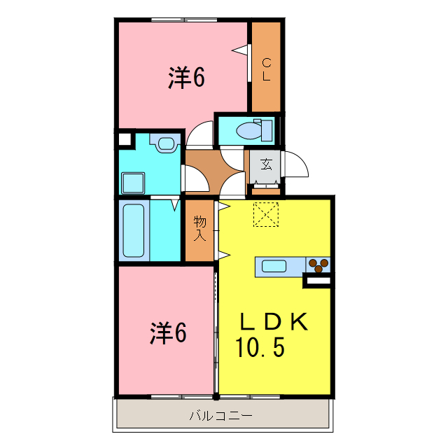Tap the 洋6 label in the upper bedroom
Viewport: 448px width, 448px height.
click(x=185, y=78)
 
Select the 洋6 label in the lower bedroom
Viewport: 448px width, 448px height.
click(x=168, y=333)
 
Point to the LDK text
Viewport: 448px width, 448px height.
click(x=274, y=323)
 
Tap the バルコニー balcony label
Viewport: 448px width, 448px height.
click(x=220, y=416)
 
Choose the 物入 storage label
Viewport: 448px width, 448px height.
click(x=200, y=228)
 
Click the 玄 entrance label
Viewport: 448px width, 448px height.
click(x=267, y=165)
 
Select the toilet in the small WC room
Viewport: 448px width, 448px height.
click(x=248, y=130)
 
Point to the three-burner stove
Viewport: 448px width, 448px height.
click(x=318, y=265)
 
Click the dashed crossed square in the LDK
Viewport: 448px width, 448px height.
click(x=266, y=214)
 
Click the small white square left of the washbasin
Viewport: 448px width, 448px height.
click(x=125, y=138)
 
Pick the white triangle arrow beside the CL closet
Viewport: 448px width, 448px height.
click(x=241, y=50)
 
